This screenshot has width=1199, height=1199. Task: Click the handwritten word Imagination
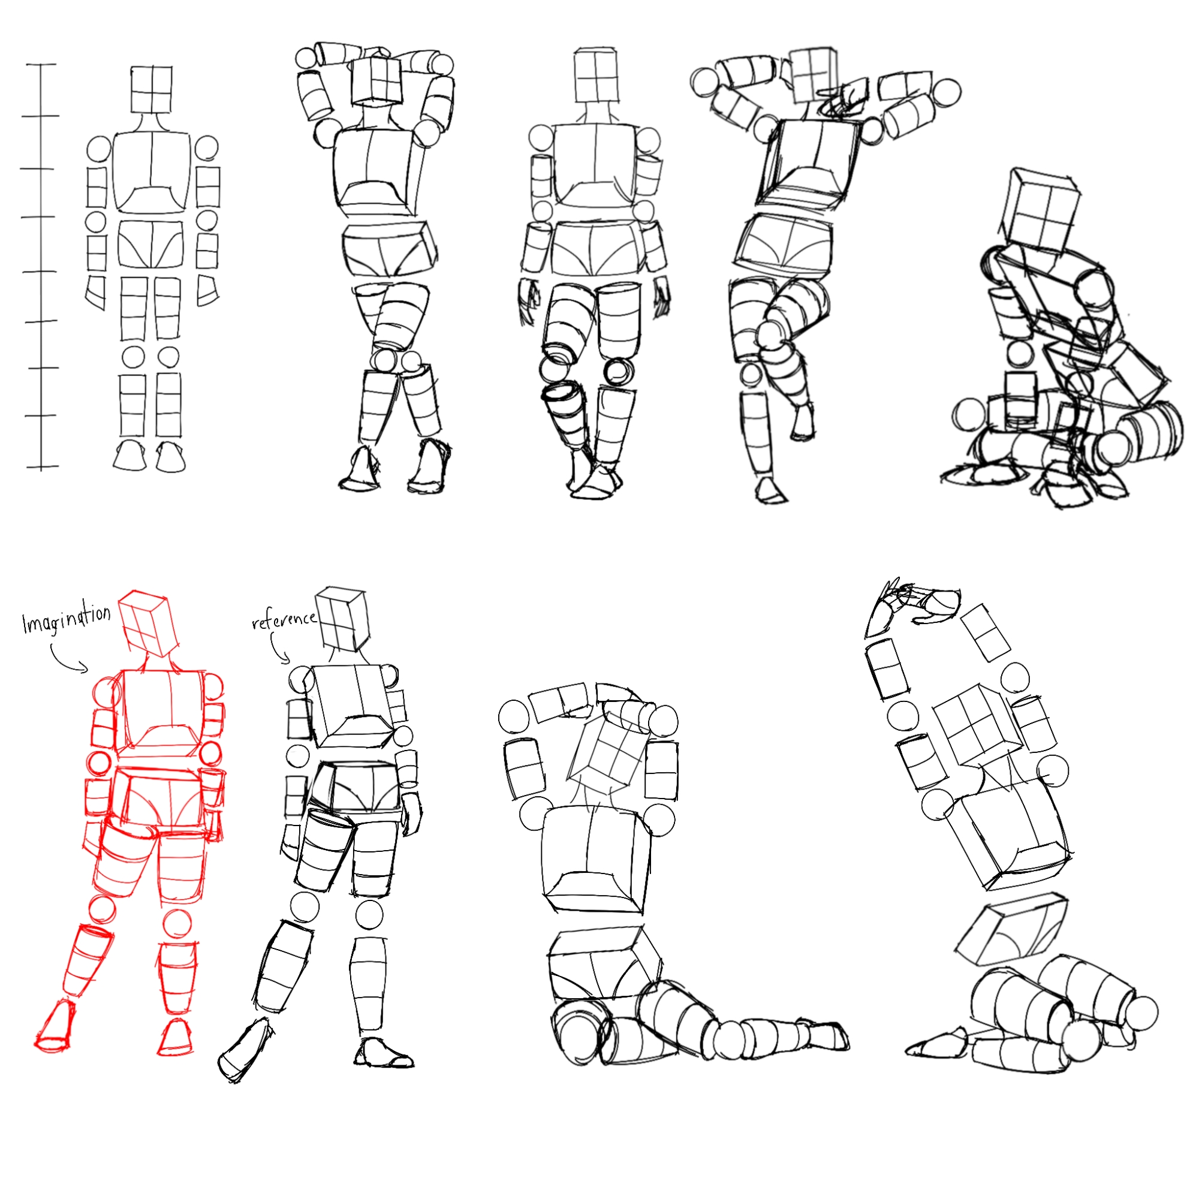point(67,619)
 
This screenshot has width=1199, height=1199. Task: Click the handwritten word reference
point(284,619)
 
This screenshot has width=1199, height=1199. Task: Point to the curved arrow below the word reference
point(279,648)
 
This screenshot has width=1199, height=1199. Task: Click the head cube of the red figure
point(149,622)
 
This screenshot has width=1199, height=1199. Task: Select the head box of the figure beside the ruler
point(152,90)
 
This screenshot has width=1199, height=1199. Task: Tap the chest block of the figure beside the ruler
point(152,172)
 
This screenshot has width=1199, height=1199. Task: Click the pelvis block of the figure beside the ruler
point(152,245)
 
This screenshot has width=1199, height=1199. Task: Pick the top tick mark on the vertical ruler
point(41,64)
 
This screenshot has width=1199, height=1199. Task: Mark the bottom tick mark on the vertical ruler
point(41,466)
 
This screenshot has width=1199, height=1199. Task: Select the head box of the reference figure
point(342,619)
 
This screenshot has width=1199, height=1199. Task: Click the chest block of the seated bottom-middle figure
point(597,860)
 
